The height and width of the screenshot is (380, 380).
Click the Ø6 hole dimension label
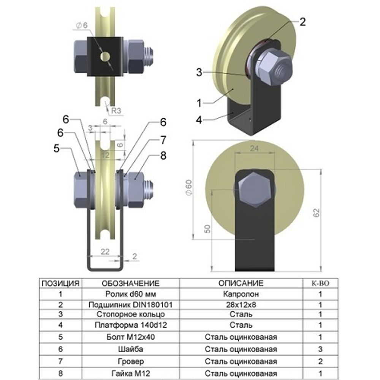[82, 25]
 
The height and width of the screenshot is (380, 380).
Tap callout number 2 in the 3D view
[302, 22]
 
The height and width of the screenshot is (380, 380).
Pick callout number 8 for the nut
[163, 157]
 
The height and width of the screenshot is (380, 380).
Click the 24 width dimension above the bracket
[254, 149]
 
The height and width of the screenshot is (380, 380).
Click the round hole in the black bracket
[105, 57]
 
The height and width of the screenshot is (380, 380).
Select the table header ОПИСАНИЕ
[241, 283]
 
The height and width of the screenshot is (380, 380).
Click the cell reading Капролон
[241, 294]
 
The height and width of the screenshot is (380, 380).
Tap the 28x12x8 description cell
[241, 304]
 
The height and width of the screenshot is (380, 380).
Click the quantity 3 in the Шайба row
[320, 349]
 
